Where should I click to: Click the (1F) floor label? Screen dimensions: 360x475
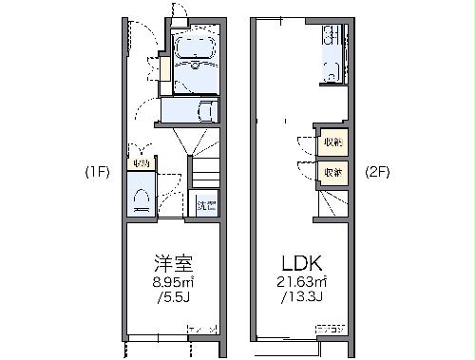[98, 173]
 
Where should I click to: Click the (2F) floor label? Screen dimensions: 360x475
[379, 173]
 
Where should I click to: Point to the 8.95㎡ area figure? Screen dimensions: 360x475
[174, 282]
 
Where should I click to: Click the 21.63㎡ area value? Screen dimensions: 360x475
[302, 283]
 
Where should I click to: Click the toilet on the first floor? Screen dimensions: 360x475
[142, 198]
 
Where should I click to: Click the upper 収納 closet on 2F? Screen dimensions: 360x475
[332, 141]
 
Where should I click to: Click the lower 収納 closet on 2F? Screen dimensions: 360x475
[332, 172]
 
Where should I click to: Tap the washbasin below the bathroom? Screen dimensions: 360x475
[202, 111]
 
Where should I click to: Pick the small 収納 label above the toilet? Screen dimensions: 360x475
[141, 163]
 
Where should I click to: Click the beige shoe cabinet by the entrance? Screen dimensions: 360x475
[165, 69]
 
